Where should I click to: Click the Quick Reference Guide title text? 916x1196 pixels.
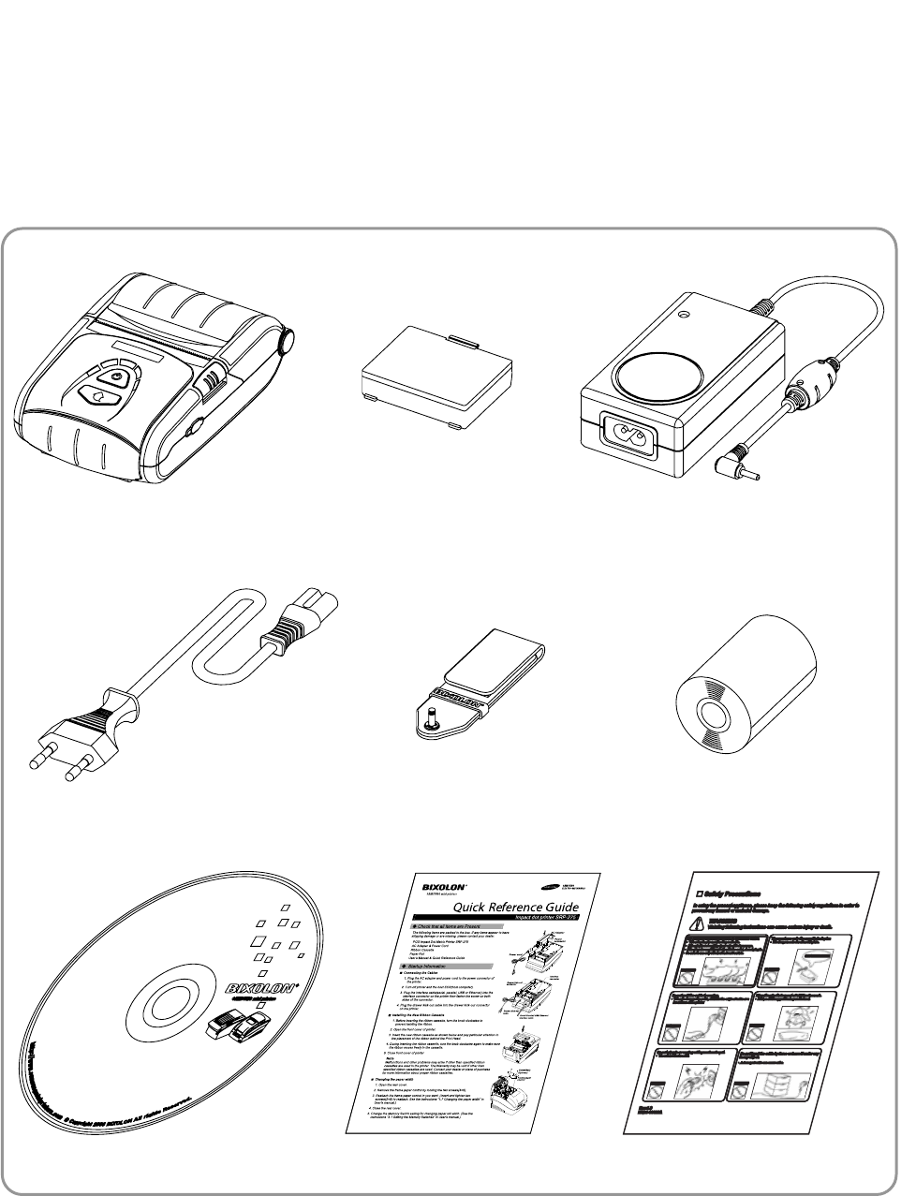tap(515, 907)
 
